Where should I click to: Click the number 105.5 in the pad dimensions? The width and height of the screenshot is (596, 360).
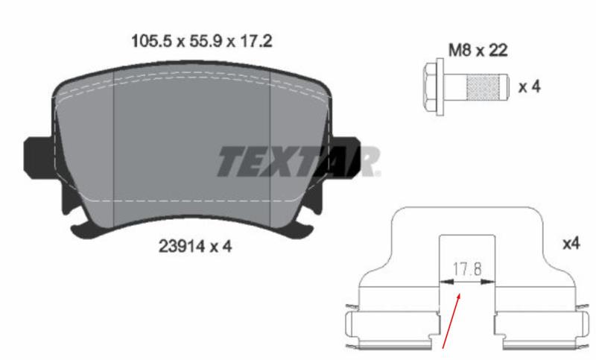152,41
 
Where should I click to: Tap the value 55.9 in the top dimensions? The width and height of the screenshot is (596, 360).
206,41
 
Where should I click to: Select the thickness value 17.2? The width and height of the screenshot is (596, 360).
256,41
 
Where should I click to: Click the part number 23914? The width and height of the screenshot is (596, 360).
182,247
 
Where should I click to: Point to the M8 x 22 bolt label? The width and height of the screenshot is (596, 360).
478,50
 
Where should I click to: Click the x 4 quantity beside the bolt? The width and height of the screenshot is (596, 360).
530,86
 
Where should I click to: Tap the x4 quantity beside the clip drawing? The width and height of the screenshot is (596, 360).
571,243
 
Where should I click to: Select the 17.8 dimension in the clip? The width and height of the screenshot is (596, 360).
467,269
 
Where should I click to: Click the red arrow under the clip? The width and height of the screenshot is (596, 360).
451,320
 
